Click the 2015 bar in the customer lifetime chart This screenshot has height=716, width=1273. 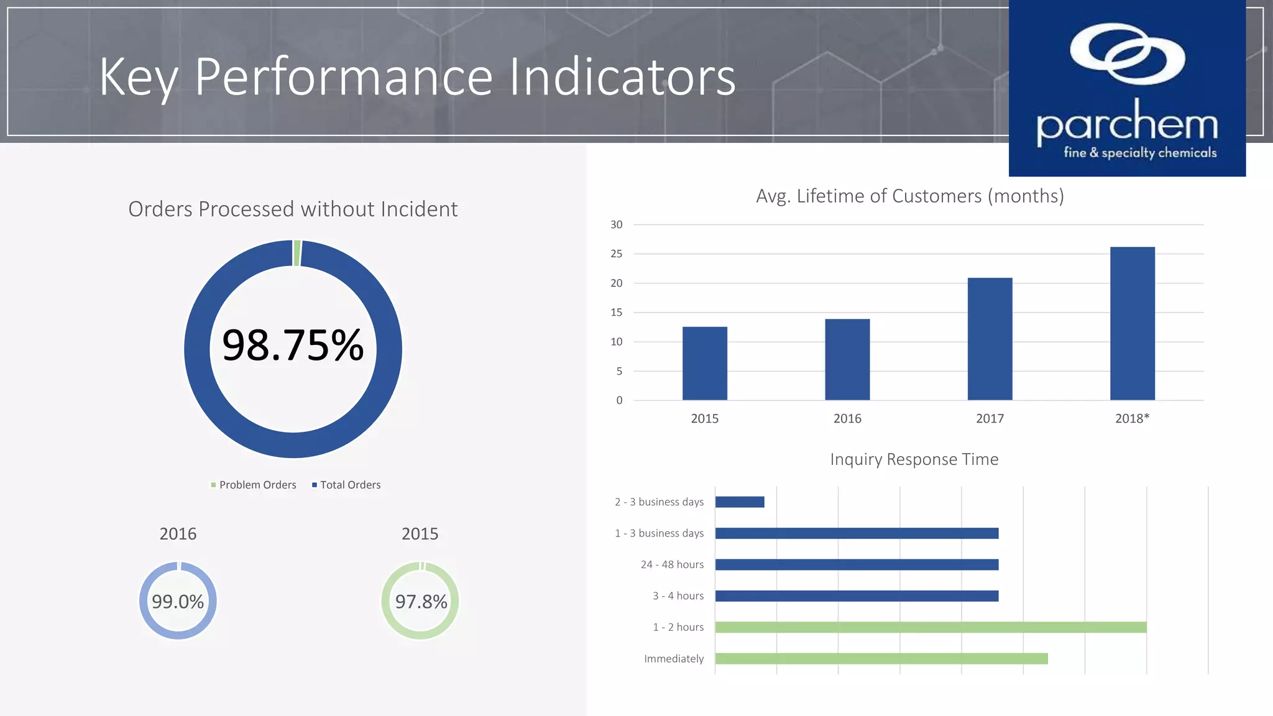point(704,364)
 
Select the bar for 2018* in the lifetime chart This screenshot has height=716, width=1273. point(1132,324)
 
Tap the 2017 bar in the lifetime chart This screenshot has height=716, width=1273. point(990,339)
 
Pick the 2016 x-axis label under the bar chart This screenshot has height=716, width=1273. point(847,419)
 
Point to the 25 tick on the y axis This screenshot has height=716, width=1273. point(616,254)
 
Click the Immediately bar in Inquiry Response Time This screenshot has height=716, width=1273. point(881,659)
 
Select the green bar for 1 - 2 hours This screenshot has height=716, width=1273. point(930,628)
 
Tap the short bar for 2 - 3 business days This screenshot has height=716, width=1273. point(740,502)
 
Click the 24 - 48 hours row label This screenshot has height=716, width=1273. point(672,565)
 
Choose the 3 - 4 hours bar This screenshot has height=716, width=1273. point(857,596)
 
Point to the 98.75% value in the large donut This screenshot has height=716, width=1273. point(293,346)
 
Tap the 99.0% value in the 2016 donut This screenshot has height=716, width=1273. point(178,602)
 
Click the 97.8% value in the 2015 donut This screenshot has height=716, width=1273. point(421,602)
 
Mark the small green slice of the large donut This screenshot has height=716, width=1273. point(297,253)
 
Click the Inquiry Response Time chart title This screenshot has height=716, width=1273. point(914,459)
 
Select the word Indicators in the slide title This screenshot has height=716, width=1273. point(622,77)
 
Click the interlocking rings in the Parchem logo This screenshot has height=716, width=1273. point(1127,54)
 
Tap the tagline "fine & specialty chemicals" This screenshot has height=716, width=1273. point(1140,153)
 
